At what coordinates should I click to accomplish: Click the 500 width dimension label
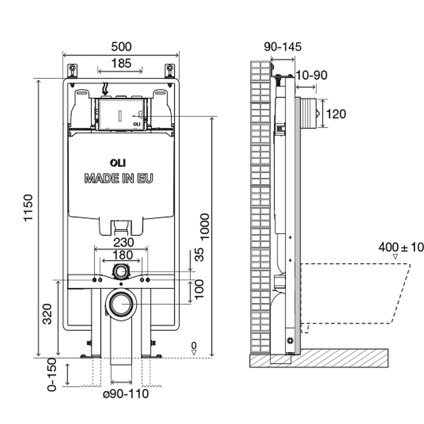tap(121, 47)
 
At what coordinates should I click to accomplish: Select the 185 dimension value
tap(121, 64)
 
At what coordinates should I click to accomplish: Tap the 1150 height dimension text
tap(28, 208)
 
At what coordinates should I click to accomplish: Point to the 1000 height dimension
tap(205, 226)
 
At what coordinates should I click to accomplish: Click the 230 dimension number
tap(124, 242)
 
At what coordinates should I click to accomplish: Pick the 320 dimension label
tap(47, 314)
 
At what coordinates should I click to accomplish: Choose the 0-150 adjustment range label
tap(52, 374)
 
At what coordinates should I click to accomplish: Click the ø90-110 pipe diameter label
tap(126, 394)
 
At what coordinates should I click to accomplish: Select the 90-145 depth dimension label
tap(282, 47)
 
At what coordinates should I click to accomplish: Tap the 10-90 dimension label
tap(312, 75)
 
